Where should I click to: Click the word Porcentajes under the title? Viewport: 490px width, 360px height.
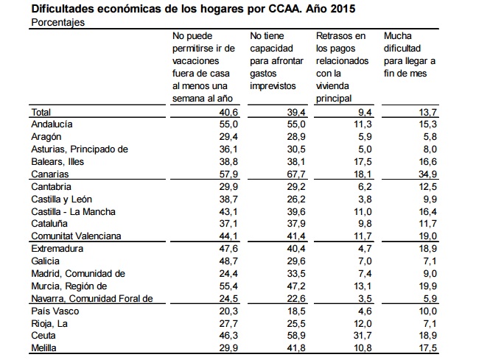tap(57, 23)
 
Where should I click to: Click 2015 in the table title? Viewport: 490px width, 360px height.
tap(343, 9)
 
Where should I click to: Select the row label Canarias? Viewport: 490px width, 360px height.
tap(50, 174)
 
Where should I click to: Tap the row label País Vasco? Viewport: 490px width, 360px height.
tap(55, 311)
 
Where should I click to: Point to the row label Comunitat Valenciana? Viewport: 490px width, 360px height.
tap(76, 236)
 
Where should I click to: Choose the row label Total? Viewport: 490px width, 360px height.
tap(41, 112)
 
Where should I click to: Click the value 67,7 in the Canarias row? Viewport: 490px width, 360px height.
tap(296, 174)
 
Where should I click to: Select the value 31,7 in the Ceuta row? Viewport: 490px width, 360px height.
tap(363, 335)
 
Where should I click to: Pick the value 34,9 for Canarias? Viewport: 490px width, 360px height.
tap(427, 174)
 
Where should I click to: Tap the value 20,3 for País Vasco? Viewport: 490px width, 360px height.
tap(228, 311)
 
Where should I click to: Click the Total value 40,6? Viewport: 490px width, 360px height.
tap(228, 112)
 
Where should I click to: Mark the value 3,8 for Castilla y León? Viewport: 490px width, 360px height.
tap(365, 199)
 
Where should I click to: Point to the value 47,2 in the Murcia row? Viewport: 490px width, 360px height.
tap(296, 286)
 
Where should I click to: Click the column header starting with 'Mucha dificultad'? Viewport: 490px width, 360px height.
tap(410, 54)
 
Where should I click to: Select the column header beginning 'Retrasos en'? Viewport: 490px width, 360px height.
tap(342, 67)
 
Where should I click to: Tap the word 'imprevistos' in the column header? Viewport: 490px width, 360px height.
tap(273, 86)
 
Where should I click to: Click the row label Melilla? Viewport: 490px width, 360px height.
tap(43, 347)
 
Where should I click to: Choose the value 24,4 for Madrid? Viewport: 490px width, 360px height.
tap(228, 274)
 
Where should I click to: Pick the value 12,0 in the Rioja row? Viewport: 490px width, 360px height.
tap(363, 323)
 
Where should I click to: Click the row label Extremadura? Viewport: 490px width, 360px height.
tap(57, 249)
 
